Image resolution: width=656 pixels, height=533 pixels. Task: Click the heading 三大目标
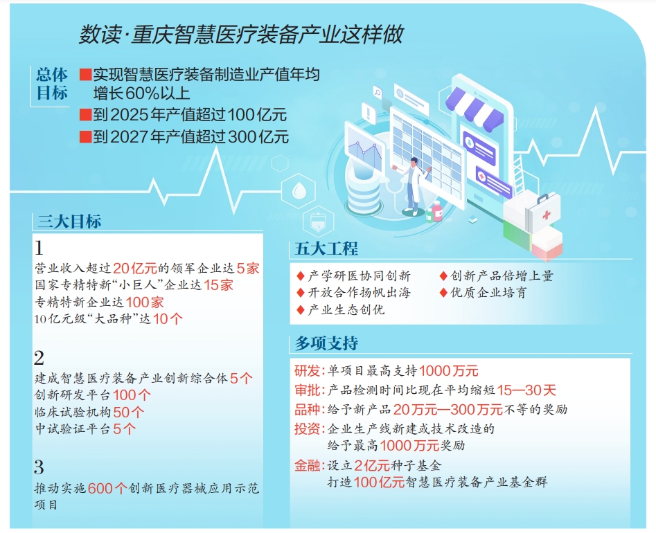click(69, 221)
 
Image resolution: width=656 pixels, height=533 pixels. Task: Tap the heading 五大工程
click(326, 249)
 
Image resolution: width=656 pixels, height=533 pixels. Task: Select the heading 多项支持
click(326, 343)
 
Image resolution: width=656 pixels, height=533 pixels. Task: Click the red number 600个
click(107, 488)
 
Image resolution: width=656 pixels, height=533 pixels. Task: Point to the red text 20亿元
click(134, 269)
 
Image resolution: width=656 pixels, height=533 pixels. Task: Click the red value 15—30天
click(526, 390)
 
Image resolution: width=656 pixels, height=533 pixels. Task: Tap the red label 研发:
click(310, 371)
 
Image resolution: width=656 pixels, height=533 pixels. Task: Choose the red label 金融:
click(310, 465)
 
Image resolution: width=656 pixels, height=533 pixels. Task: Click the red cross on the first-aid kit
click(547, 215)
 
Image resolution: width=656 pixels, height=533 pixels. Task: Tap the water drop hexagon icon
click(298, 192)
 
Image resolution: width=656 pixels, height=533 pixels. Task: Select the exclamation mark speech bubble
click(368, 113)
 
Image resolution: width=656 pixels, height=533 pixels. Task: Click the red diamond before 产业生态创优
click(301, 310)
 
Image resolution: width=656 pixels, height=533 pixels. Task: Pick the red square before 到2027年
click(86, 136)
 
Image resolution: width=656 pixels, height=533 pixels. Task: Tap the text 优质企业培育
click(488, 293)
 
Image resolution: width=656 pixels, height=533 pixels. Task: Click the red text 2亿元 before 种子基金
click(372, 465)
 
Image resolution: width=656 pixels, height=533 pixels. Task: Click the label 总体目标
click(52, 84)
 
